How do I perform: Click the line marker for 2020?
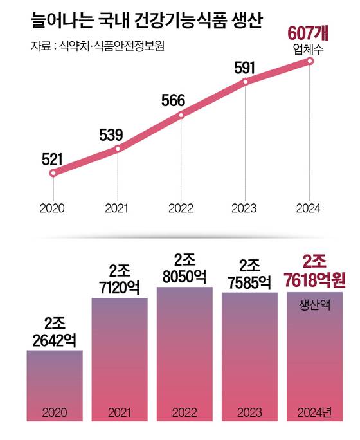pos(53,172)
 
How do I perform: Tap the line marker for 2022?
pos(181,115)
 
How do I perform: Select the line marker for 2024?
pos(310,61)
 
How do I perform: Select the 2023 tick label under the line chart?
pos(245,208)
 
